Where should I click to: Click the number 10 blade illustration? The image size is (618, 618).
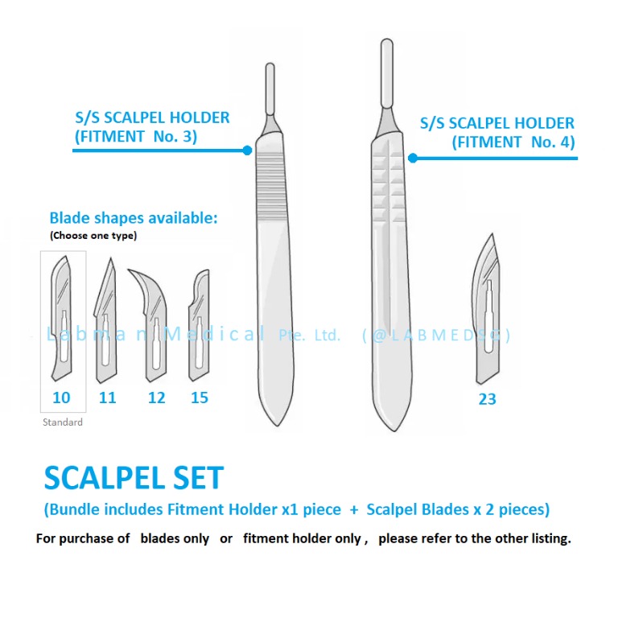pyautogui.click(x=62, y=323)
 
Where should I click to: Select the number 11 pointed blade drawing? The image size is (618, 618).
pyautogui.click(x=106, y=323)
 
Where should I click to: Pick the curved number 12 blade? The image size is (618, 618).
pyautogui.click(x=154, y=323)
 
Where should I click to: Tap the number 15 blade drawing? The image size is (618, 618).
pyautogui.click(x=199, y=326)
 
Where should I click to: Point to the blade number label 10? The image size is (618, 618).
pyautogui.click(x=61, y=398)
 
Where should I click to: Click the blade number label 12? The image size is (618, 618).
pyautogui.click(x=156, y=398)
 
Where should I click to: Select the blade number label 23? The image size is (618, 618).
pyautogui.click(x=487, y=398)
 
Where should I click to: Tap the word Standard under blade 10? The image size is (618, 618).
pyautogui.click(x=62, y=422)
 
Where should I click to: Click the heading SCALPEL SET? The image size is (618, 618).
pyautogui.click(x=133, y=478)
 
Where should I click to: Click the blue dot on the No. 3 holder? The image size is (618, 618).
pyautogui.click(x=248, y=150)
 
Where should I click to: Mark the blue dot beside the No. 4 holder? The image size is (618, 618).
pyautogui.click(x=413, y=158)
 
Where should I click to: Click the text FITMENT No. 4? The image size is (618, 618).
pyautogui.click(x=513, y=143)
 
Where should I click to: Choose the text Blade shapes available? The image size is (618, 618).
pyautogui.click(x=134, y=218)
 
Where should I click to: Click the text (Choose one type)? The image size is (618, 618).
pyautogui.click(x=93, y=236)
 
